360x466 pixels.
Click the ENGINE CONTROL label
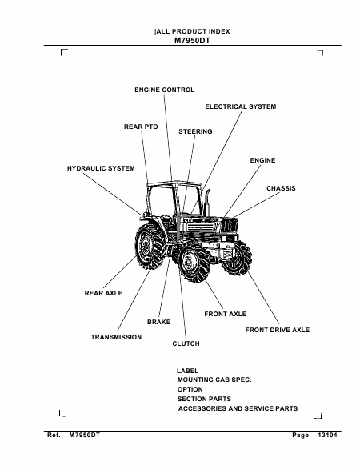[x=164, y=90]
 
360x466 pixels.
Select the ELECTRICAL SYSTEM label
[x=241, y=106]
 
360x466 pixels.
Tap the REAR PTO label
[x=141, y=127]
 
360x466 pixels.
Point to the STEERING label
[x=195, y=131]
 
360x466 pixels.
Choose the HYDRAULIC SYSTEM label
[x=101, y=168]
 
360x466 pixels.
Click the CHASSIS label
[x=281, y=188]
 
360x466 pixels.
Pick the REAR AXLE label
[x=103, y=293]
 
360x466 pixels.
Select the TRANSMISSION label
[x=116, y=337]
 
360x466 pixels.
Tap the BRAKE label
[x=159, y=322]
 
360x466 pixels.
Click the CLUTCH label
[x=186, y=343]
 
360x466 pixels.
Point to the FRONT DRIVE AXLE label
[x=278, y=330]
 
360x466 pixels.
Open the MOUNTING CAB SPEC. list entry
[x=214, y=380]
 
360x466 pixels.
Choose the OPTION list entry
[x=190, y=389]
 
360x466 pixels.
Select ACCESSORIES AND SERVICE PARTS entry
[x=238, y=408]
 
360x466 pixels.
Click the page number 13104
[x=328, y=435]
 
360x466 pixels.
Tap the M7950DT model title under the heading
[x=192, y=41]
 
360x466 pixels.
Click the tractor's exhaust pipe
[x=206, y=203]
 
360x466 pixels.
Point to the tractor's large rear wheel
[x=150, y=246]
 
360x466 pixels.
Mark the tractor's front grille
[x=230, y=226]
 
